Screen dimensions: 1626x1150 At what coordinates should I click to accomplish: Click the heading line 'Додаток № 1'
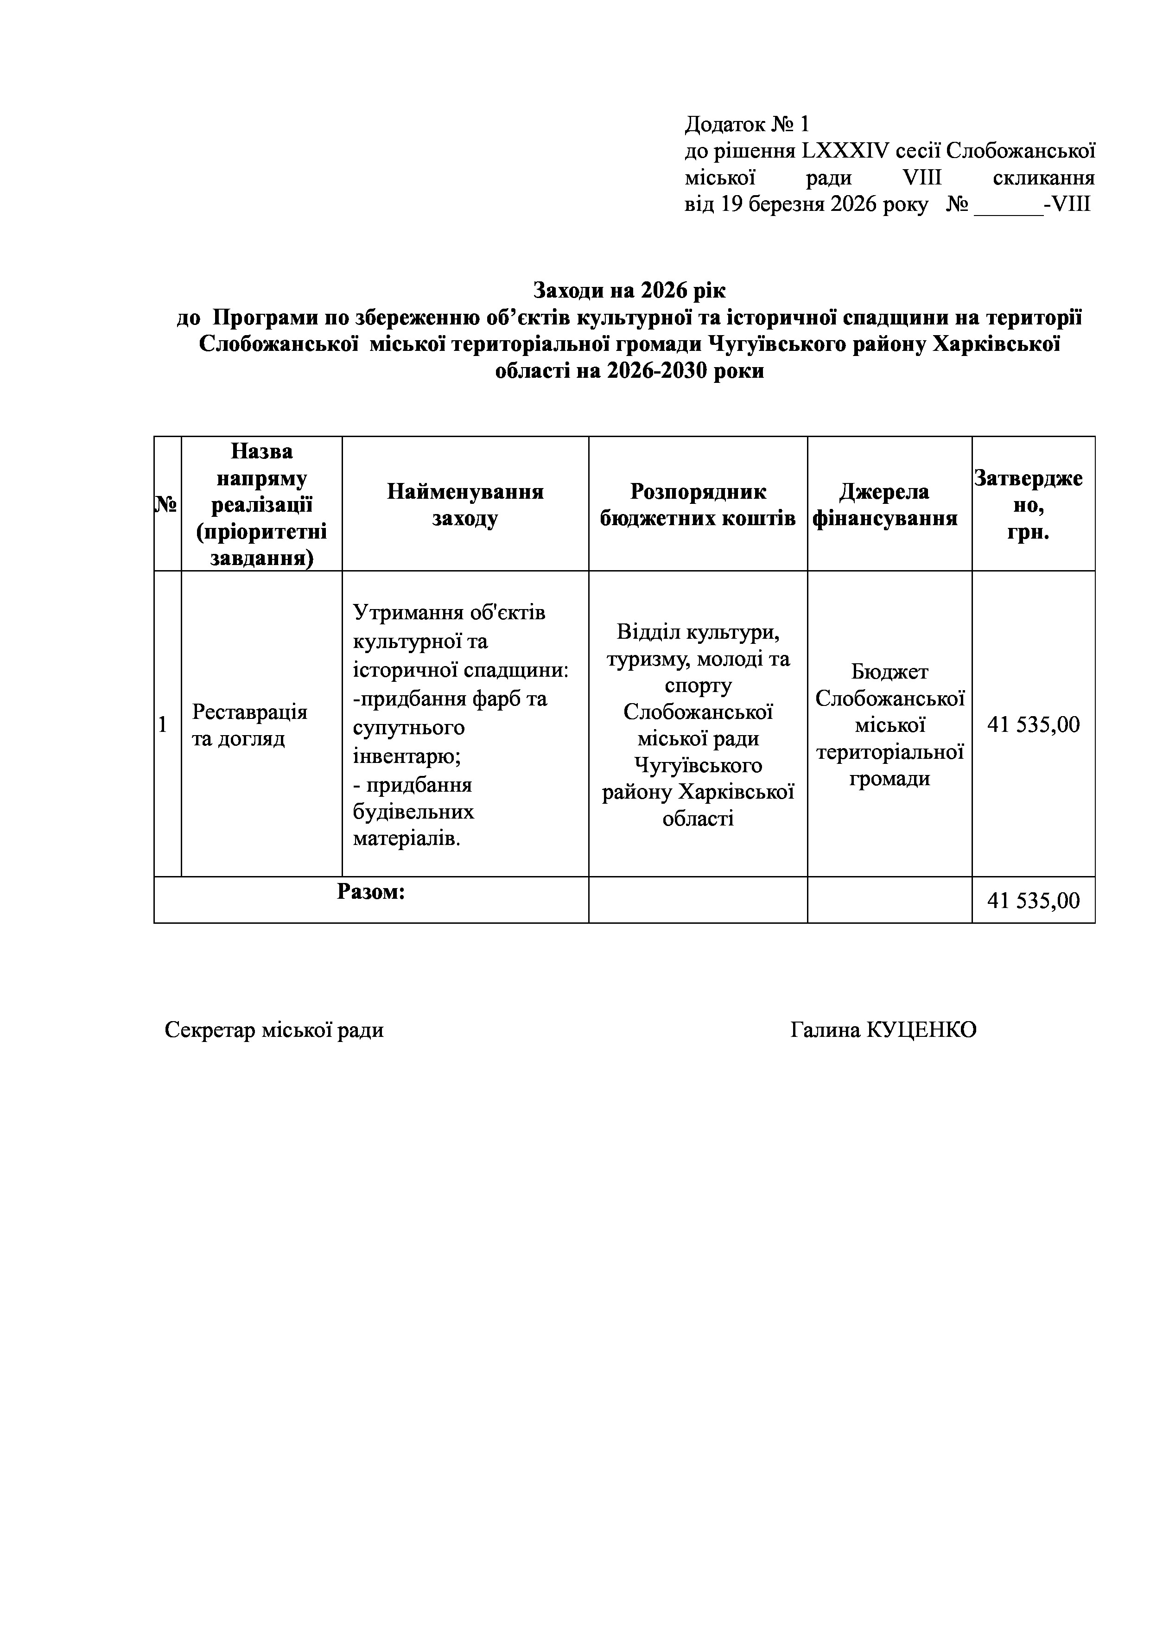pos(746,125)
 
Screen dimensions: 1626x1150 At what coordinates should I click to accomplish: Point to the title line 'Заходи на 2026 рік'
pos(629,290)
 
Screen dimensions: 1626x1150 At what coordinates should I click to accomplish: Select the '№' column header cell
pos(167,503)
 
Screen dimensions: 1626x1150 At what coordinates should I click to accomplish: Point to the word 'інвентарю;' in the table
pos(407,756)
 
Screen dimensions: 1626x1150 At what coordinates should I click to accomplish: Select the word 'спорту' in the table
pos(698,686)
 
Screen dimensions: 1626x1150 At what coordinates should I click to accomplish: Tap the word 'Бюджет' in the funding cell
pos(890,671)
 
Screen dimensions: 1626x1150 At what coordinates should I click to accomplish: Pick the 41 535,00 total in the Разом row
pos(1033,901)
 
